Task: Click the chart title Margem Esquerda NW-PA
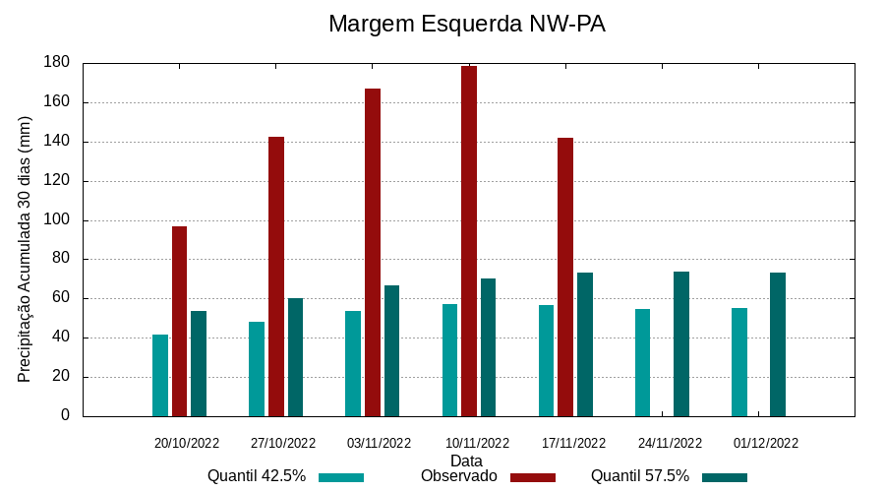466,24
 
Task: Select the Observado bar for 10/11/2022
469,241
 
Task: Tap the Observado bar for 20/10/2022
179,321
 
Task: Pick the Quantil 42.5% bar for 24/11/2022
642,362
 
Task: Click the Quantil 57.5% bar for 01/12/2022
778,344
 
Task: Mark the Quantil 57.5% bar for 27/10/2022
295,357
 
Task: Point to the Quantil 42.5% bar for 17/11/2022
546,361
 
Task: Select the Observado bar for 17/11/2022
565,277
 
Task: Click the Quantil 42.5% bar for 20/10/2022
160,375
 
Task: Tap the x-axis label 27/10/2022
283,443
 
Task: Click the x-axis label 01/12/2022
766,443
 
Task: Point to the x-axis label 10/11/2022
477,443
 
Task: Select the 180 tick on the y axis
57,63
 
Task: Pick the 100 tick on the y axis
57,220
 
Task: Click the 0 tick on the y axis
66,416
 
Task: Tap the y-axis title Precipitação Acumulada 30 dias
26,249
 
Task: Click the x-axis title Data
466,461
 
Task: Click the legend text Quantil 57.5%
639,476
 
